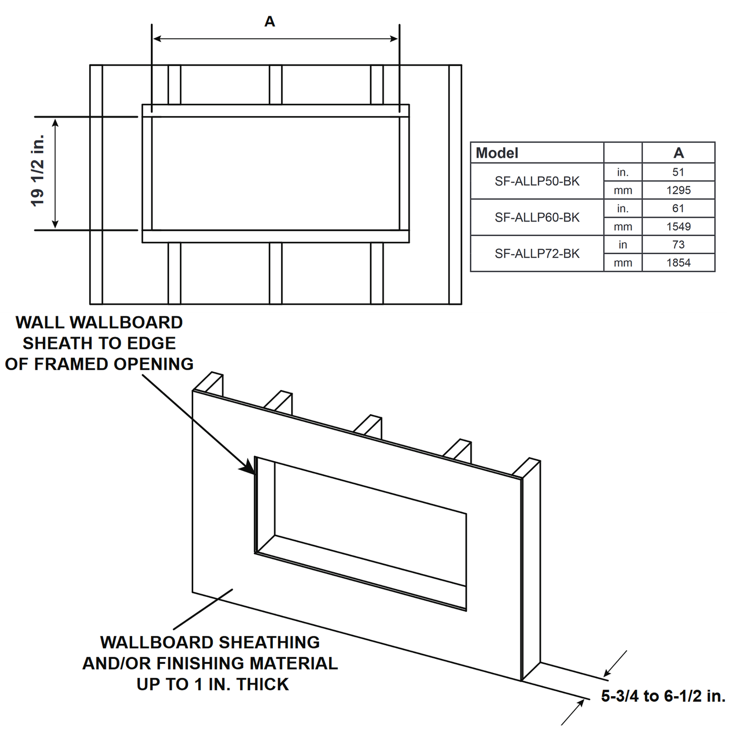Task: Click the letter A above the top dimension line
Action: (270, 22)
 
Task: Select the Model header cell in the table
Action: (497, 153)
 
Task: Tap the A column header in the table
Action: (678, 153)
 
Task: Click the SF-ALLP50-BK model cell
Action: (537, 181)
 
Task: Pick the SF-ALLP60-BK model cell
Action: (537, 217)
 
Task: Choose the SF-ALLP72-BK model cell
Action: (537, 254)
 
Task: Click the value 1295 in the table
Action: (678, 190)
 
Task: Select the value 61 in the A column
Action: (678, 208)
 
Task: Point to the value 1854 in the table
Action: (678, 263)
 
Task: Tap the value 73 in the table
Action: (678, 245)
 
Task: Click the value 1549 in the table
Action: (678, 227)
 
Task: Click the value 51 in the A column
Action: (678, 172)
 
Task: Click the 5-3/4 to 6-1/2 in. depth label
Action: (663, 696)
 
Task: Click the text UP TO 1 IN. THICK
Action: (212, 685)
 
